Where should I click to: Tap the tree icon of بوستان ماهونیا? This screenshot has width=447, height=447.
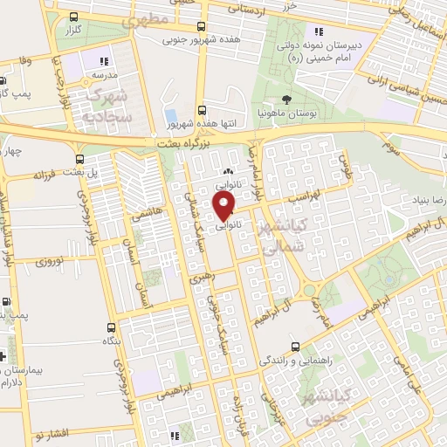pyautogui.click(x=287, y=97)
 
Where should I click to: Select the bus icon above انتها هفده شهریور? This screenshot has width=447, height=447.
pyautogui.click(x=203, y=110)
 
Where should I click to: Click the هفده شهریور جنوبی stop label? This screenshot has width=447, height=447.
pyautogui.click(x=203, y=40)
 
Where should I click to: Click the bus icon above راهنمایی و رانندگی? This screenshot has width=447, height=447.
pyautogui.click(x=296, y=345)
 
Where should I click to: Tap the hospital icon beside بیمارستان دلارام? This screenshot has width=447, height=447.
pyautogui.click(x=3, y=357)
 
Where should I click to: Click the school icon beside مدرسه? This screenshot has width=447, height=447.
pyautogui.click(x=104, y=62)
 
